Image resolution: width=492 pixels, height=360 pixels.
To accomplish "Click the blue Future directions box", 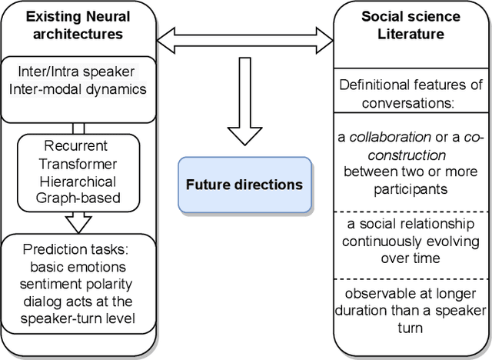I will tap(244, 185).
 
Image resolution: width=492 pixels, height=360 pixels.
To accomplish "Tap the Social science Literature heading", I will tap(412, 25).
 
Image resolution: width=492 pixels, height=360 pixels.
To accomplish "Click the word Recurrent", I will tap(75, 145).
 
